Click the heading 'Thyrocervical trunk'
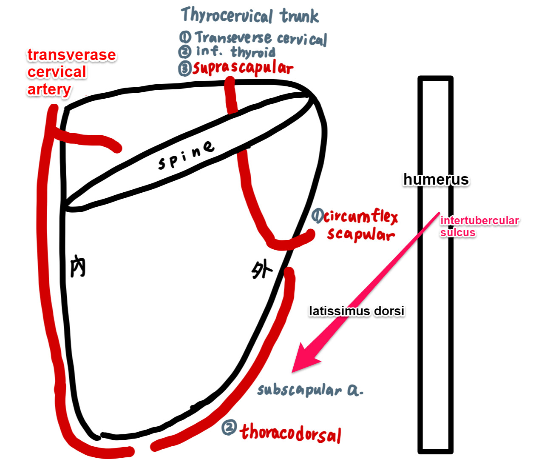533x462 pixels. coord(250,16)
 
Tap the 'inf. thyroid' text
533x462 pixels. coord(235,52)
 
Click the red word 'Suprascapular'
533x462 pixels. coord(243,68)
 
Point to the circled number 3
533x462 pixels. coord(184,68)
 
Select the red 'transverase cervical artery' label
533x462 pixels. coord(71,72)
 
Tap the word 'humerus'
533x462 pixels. coord(436,179)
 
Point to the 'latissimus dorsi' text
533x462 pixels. coord(356,311)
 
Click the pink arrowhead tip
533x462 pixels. coord(293,371)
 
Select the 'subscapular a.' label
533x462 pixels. coord(310,390)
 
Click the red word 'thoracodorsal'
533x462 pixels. coord(291,433)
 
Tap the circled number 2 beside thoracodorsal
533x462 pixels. coord(229,428)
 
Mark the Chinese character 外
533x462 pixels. coord(262,269)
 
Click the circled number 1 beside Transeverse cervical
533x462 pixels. coord(185,37)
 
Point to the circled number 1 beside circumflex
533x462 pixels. coord(317,216)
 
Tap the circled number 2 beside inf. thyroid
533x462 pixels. coord(184,52)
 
